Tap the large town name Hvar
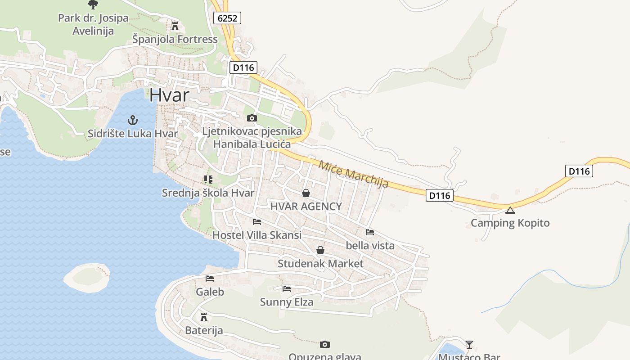169,95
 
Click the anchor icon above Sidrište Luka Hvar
133,120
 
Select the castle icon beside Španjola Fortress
175,26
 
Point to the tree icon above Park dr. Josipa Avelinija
93,5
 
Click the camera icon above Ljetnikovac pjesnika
252,118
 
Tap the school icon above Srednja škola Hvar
208,180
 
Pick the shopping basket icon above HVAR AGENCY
306,193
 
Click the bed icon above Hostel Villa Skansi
257,222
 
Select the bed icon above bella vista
370,232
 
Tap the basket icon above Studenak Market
320,250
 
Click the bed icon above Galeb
210,279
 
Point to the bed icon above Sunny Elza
287,288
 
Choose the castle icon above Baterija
204,317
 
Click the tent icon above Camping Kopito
510,210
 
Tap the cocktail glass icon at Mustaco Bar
469,345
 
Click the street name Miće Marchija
353,174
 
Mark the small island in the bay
87,277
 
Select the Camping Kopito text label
510,223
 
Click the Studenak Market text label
320,263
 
